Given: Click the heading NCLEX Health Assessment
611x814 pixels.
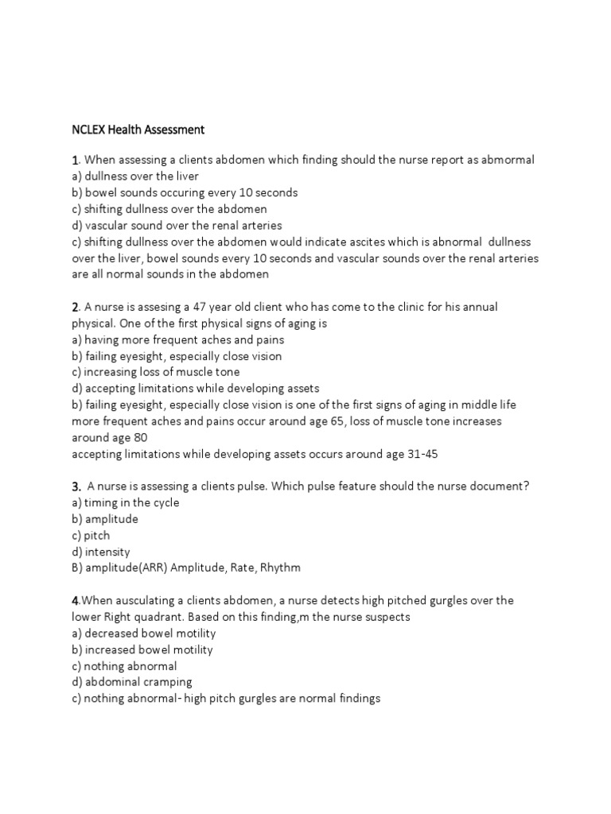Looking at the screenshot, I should click(x=138, y=129).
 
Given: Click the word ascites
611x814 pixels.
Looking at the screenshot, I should click(x=368, y=242).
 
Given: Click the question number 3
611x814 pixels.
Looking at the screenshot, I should click(x=76, y=486).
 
